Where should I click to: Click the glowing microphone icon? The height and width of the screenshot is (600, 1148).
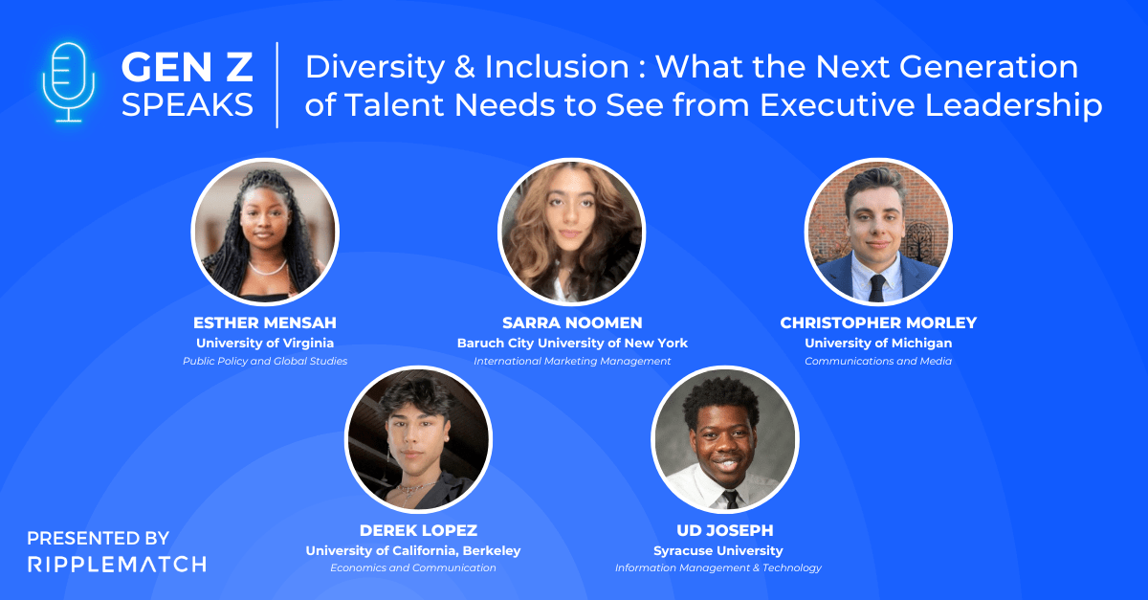coord(67,80)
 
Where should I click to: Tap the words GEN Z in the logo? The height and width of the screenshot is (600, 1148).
coord(187,67)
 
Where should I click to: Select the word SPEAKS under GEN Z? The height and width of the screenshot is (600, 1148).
coord(187,104)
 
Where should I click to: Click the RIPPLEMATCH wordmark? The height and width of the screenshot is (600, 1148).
coord(116,564)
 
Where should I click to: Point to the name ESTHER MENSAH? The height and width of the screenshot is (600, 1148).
coord(265,322)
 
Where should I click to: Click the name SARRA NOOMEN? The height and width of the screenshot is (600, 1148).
coord(572,322)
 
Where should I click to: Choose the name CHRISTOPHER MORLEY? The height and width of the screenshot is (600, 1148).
coord(878,322)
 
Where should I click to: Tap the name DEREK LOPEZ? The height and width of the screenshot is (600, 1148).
coord(418,530)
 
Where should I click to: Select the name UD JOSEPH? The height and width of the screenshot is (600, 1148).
coord(724,530)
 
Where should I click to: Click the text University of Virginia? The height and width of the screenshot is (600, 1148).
coord(265,343)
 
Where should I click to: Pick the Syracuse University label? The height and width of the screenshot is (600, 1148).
coord(717,550)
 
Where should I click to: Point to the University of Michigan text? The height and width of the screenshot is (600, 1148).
coord(878,343)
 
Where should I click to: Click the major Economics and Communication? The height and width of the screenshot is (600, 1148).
coord(413,567)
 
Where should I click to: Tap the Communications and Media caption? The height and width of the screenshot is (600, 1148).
coord(878,361)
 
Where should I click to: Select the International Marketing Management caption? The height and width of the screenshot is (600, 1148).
coord(572,361)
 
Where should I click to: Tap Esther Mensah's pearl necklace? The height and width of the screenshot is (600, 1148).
coord(266,267)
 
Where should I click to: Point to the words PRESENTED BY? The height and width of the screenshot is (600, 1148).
coord(98,538)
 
